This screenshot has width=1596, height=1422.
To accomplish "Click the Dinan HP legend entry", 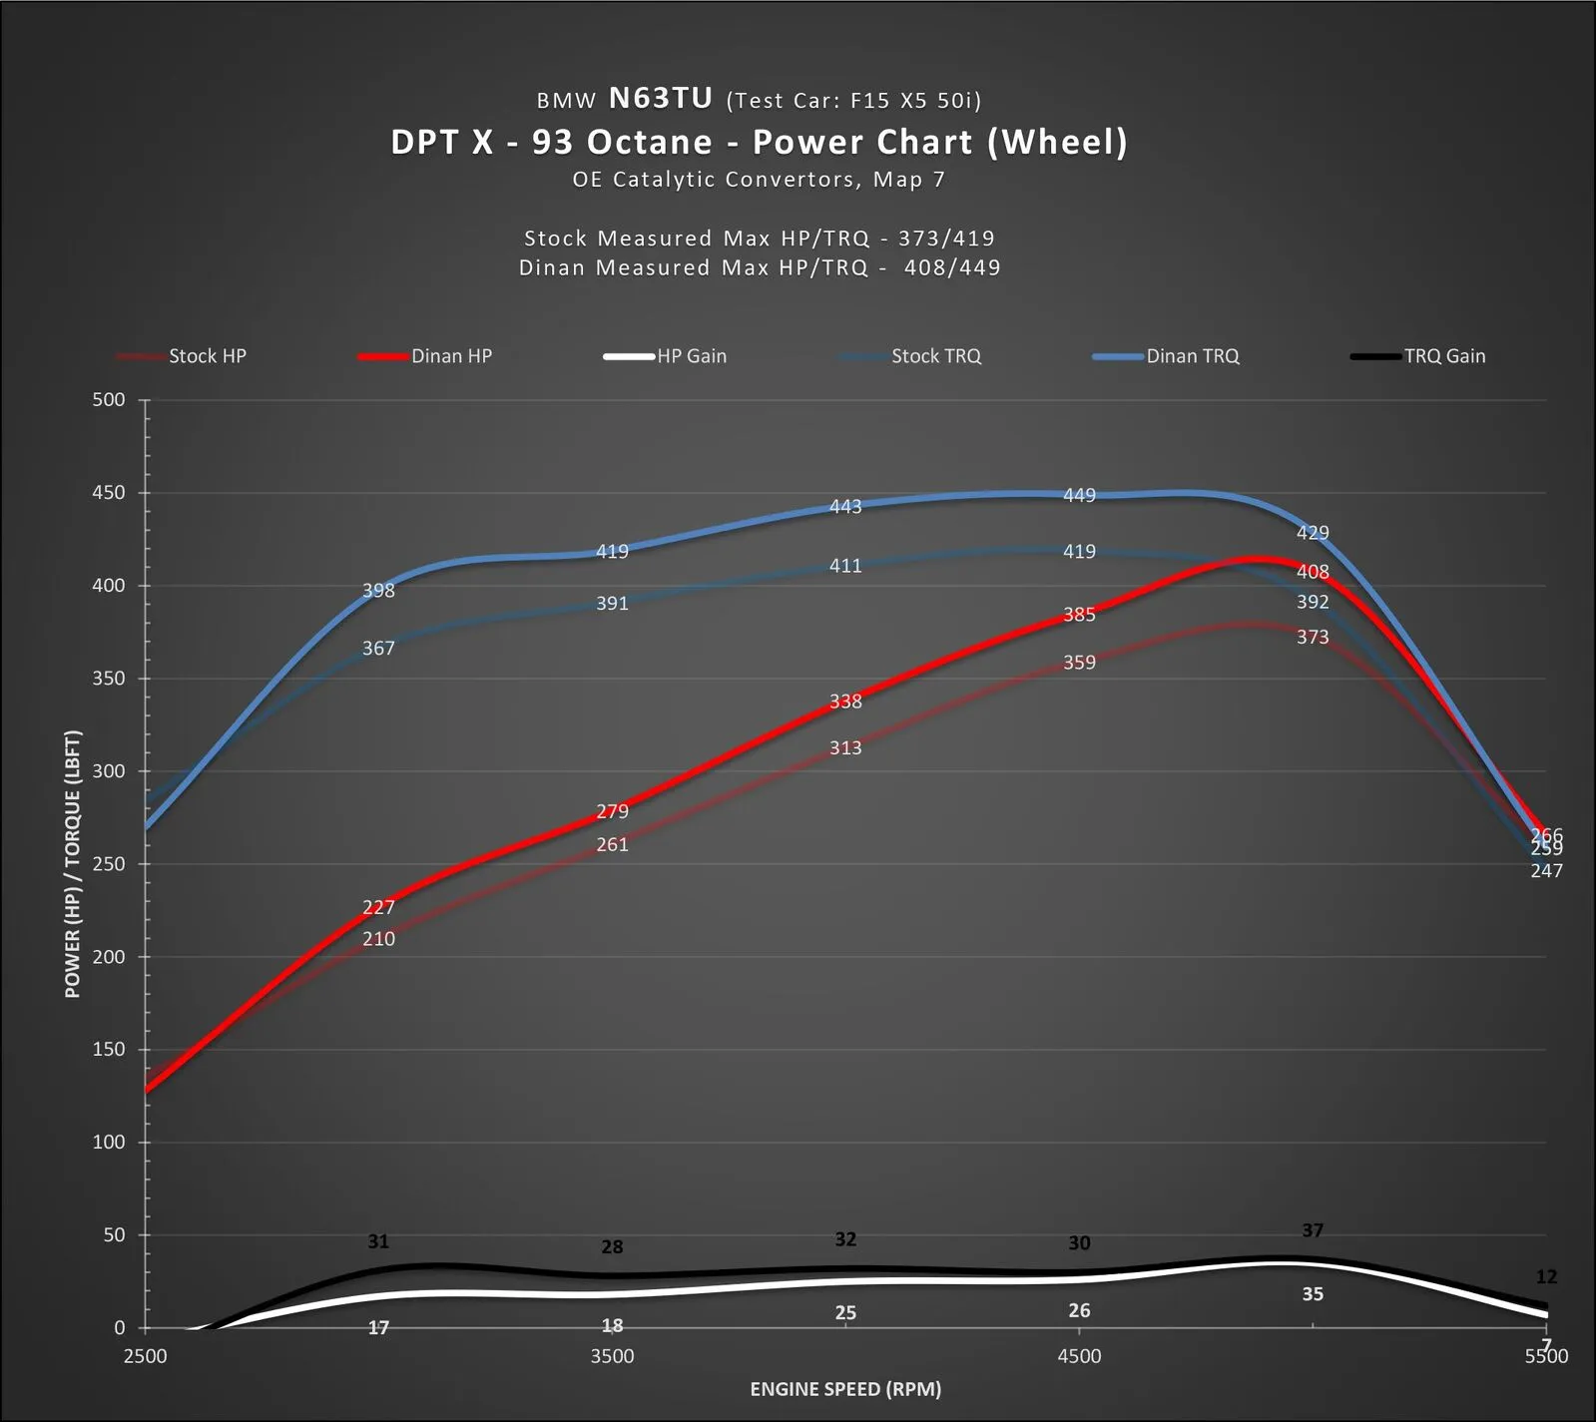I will coord(451,356).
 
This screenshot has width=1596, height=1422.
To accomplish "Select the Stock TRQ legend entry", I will coord(935,356).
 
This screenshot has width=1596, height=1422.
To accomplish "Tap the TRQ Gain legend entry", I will coord(1444,356).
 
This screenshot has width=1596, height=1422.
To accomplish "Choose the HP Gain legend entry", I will coord(691,356).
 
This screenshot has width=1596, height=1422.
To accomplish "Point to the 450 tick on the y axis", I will coord(109,493).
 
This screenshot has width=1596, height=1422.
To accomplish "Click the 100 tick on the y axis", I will coord(109,1143).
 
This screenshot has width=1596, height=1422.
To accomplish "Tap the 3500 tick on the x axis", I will coord(612,1356).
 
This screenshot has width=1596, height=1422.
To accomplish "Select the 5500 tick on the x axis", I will coord(1546,1356).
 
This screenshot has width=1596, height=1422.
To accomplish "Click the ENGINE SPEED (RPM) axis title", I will coord(845,1389).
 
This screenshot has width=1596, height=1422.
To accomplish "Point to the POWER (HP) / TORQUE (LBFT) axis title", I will coord(73,864).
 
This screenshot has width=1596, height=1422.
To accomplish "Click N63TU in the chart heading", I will coord(661,99).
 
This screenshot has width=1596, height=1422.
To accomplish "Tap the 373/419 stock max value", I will coord(946,238).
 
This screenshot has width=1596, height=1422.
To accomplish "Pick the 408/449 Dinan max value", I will coord(952,267).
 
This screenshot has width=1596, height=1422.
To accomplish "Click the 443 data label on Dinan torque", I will coord(845,507).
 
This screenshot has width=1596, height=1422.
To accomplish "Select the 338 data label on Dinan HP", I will coord(845,702).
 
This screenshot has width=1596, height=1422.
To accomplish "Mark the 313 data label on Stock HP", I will coord(845,748).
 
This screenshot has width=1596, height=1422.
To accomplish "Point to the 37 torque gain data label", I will coord(1313,1230).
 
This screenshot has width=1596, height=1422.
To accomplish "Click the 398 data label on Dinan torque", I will coord(378,591).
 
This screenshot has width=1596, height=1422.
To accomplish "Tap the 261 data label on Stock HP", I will coord(612,845).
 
